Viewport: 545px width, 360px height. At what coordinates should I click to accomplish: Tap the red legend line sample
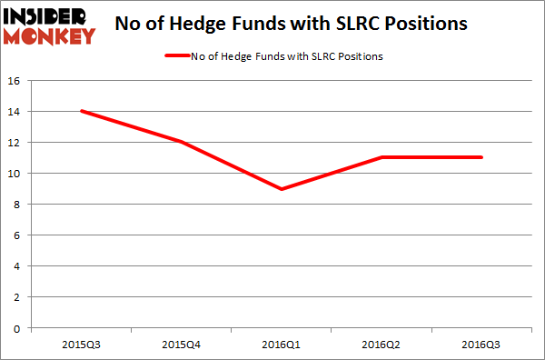pos(178,56)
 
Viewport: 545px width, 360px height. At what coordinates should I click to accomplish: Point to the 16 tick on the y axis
pos(15,80)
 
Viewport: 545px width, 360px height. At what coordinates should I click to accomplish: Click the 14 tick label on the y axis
pos(15,111)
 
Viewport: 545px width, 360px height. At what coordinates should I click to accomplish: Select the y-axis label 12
pos(15,142)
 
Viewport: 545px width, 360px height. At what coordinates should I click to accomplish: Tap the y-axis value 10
pos(15,173)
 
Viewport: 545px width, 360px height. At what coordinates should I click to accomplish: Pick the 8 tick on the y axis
pos(17,204)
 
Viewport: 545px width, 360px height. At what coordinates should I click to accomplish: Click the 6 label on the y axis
pos(17,235)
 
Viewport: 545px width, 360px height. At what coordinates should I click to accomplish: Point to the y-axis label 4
pos(17,265)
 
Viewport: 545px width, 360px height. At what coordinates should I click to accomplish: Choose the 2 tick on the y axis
pos(17,296)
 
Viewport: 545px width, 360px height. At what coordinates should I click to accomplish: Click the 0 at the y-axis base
pos(17,327)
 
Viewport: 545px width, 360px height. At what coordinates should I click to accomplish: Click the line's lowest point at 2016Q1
pos(282,188)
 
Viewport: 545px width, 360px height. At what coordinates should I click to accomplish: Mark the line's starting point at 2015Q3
pos(81,111)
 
